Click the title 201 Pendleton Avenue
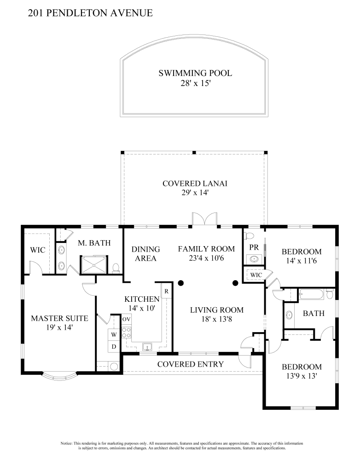pos(90,13)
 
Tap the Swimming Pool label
pos(195,73)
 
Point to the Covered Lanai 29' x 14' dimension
pos(195,193)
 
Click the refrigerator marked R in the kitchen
pos(166,291)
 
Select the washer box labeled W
pos(114,335)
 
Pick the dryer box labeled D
pos(114,346)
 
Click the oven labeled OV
pos(127,319)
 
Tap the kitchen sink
pos(147,347)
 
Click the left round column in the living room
pos(181,283)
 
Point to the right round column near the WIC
pos(235,283)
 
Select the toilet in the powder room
pos(250,235)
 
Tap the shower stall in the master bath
pos(94,265)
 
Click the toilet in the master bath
pos(116,268)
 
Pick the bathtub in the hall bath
pos(312,294)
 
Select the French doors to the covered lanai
pos(205,219)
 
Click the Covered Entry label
pos(191,364)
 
